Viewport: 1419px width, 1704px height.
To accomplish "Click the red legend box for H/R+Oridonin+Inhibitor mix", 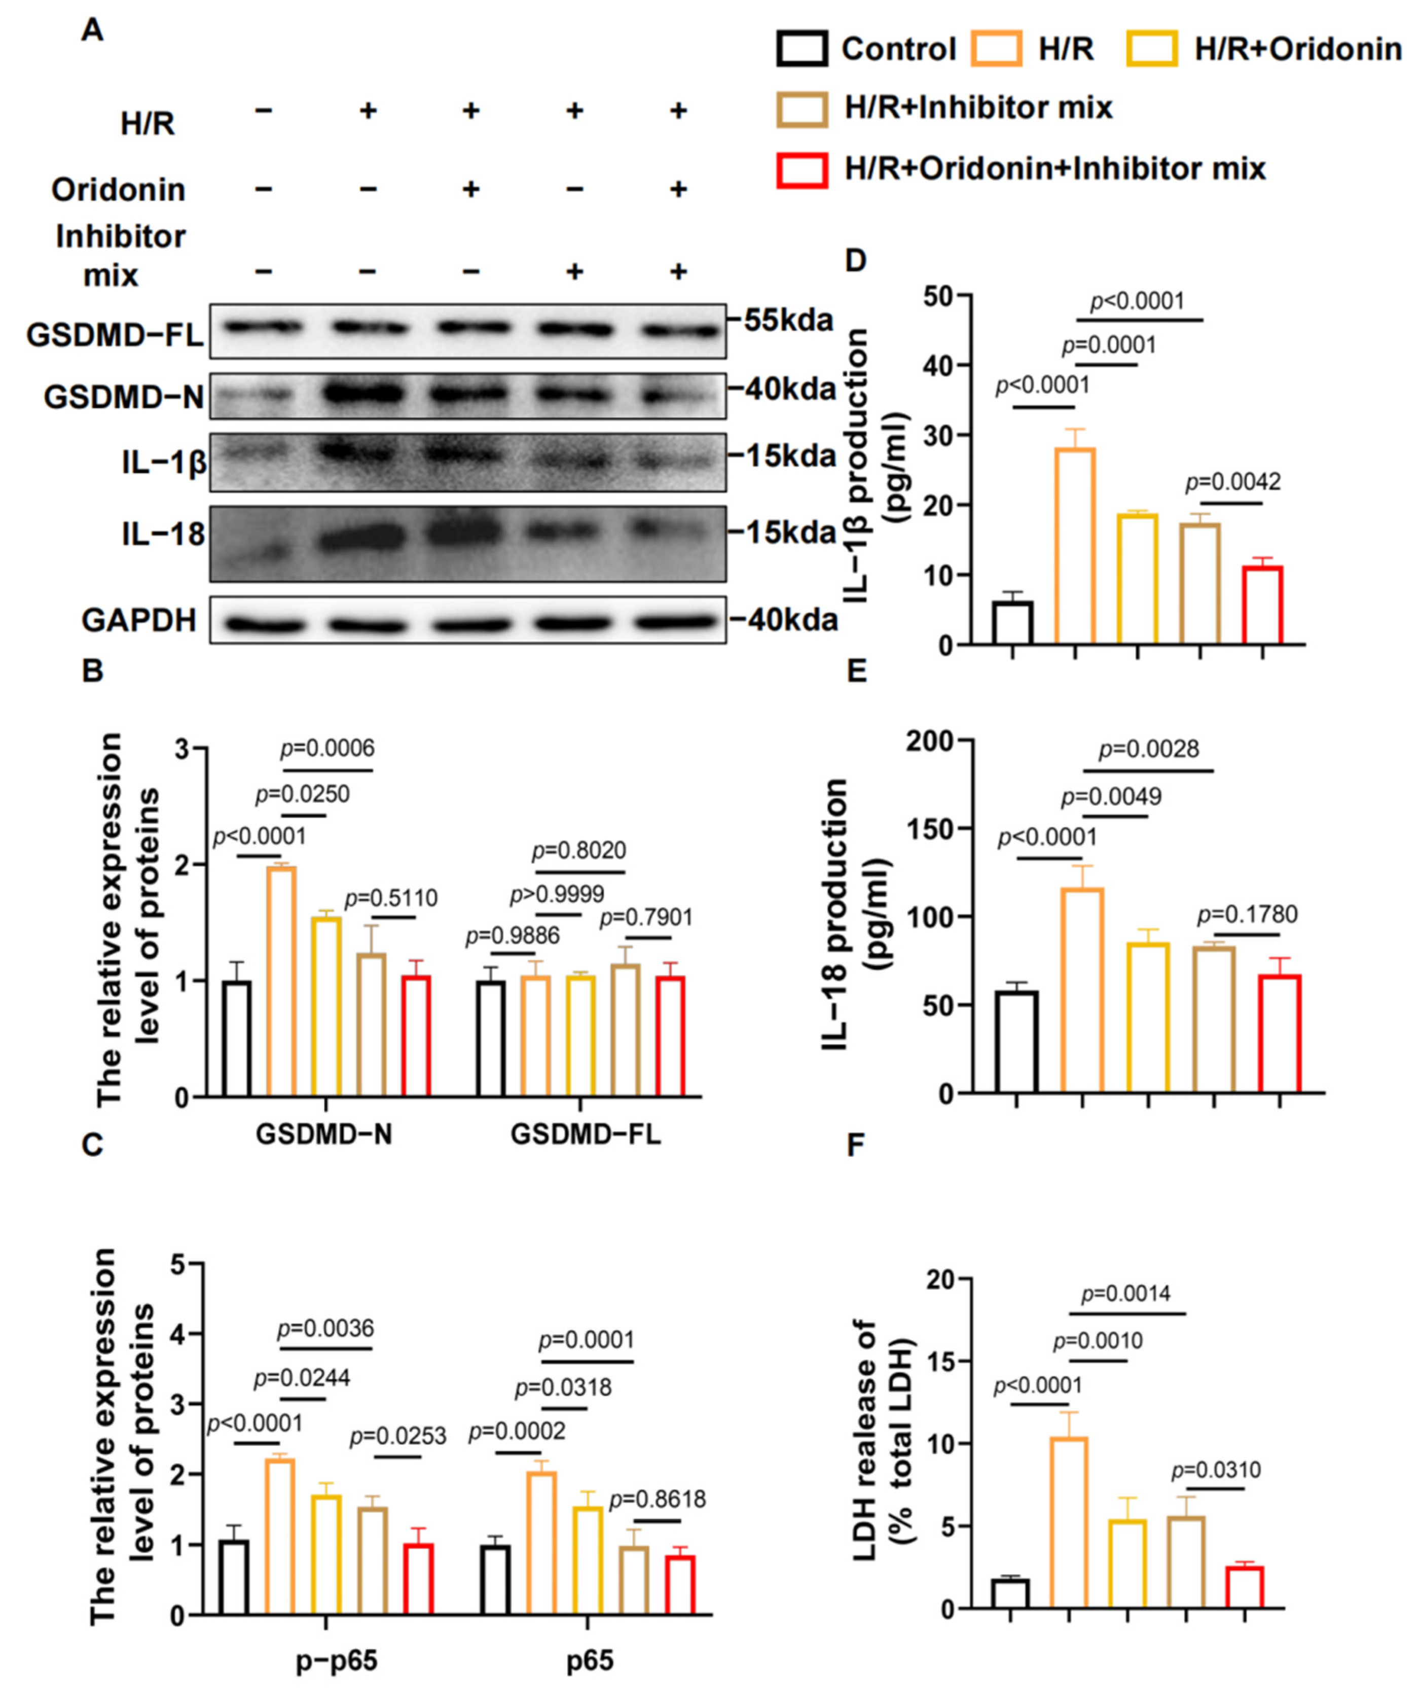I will coord(802,169).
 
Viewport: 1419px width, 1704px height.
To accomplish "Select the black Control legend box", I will coord(802,49).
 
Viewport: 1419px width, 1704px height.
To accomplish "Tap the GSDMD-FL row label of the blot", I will coord(115,334).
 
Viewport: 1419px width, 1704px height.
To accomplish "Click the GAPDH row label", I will coord(139,621).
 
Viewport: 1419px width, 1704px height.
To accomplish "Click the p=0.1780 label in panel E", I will coord(1248,914).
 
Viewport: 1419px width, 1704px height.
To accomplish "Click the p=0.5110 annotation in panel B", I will coord(391,898).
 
